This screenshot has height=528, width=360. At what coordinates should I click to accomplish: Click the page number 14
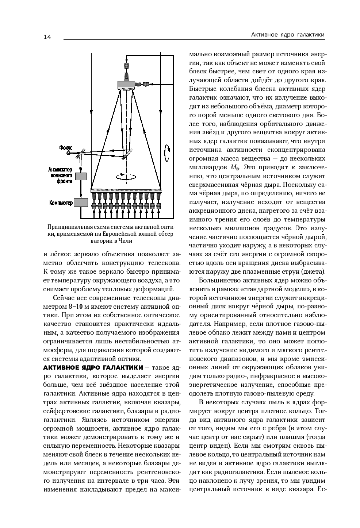47,37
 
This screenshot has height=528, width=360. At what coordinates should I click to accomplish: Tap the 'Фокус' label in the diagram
66,148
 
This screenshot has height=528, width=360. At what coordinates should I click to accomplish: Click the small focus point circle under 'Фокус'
68,154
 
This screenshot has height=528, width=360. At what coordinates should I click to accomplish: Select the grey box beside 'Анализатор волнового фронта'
80,176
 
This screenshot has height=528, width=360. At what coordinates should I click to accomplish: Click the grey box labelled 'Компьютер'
81,203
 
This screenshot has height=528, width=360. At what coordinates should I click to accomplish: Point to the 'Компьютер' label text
61,203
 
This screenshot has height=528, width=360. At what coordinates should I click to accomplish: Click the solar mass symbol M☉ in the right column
235,168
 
